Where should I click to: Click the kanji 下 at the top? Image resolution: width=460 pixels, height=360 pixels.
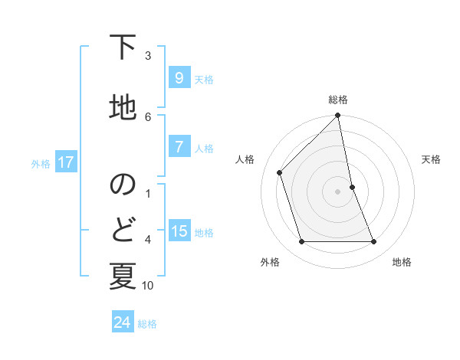[x=123, y=48]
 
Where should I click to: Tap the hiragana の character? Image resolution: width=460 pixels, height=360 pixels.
[x=123, y=185]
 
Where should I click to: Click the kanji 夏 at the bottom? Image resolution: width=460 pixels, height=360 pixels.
[x=123, y=275]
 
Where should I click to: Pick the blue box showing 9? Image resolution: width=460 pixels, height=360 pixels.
[x=179, y=78]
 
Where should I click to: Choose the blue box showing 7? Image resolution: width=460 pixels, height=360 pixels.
[x=179, y=147]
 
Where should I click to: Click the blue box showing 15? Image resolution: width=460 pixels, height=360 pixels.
[x=179, y=231]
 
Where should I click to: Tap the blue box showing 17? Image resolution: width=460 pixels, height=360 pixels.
[x=65, y=162]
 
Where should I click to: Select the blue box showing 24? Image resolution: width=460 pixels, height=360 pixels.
[x=122, y=322]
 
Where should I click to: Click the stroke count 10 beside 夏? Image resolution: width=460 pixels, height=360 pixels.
[x=148, y=286]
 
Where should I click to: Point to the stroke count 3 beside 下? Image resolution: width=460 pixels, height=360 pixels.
[x=148, y=56]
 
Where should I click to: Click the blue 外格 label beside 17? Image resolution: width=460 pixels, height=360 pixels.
[x=40, y=163]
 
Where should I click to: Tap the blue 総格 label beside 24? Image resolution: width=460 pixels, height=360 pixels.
[x=147, y=324]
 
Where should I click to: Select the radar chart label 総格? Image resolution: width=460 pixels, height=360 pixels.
[x=338, y=100]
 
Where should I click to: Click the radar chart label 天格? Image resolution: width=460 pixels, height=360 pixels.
[x=431, y=159]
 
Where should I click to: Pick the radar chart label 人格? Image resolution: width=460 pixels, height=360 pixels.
[x=245, y=159]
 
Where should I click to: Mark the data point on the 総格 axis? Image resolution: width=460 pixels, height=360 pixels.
[x=338, y=116]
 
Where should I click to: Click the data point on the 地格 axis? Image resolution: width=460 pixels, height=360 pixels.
[x=374, y=242]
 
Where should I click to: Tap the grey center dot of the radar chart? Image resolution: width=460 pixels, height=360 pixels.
[x=338, y=191]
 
